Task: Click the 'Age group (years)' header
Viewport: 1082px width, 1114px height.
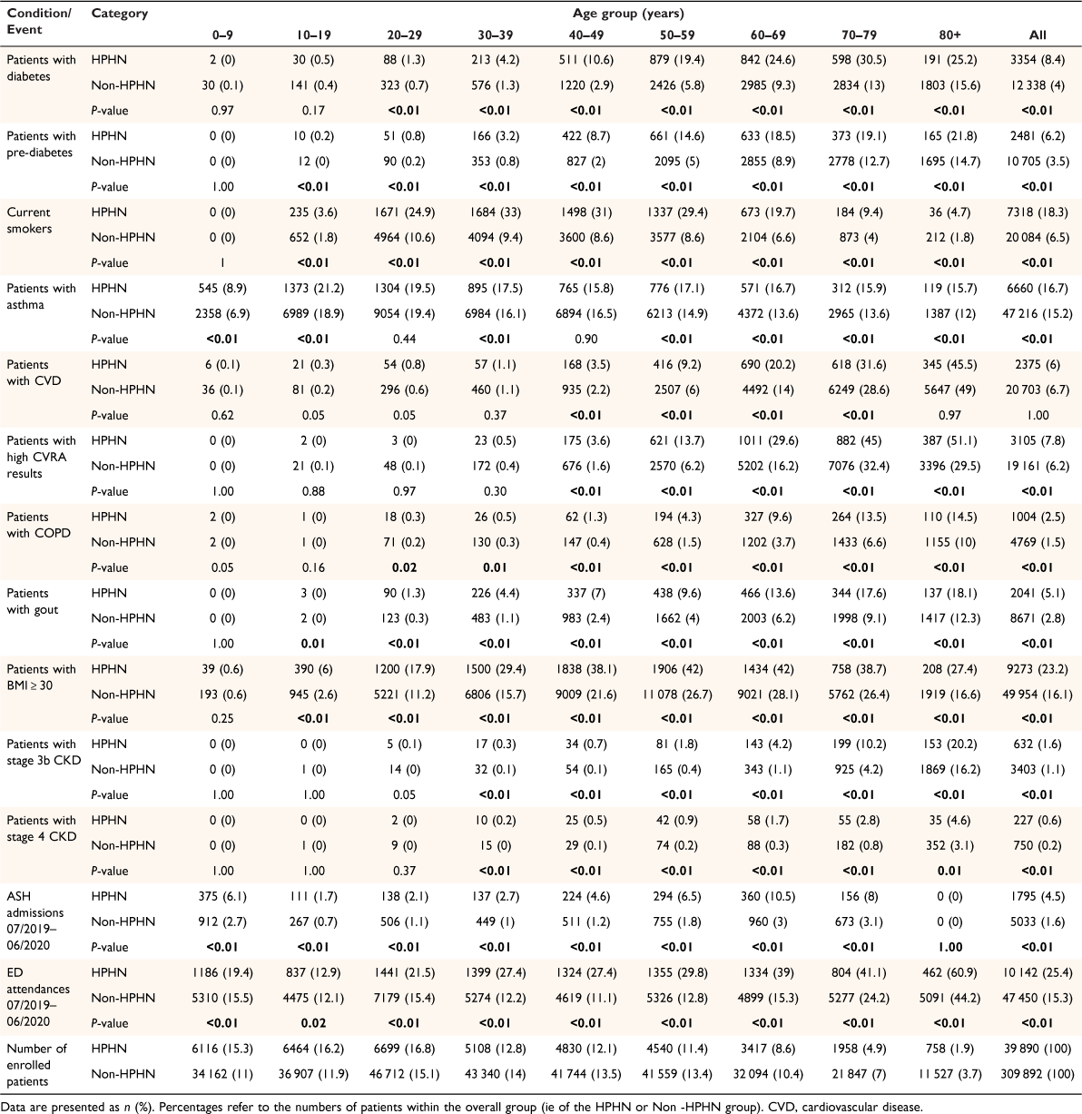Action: (628, 13)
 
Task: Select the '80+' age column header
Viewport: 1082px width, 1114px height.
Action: (949, 35)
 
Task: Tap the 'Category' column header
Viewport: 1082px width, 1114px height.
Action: (120, 14)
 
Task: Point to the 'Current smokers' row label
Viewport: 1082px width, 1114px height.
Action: (29, 221)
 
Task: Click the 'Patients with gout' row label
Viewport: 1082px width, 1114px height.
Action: (33, 601)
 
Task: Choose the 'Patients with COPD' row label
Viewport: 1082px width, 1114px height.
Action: (39, 525)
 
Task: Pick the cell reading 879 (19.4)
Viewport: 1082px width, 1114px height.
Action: (677, 60)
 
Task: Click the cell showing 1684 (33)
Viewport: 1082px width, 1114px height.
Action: (496, 212)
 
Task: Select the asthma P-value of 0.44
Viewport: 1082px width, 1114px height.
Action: (405, 339)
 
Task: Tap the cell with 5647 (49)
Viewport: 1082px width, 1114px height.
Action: (949, 389)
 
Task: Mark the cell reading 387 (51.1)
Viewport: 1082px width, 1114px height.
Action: (949, 441)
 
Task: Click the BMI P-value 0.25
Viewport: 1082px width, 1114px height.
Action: (222, 718)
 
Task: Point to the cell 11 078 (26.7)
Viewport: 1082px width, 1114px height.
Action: (677, 695)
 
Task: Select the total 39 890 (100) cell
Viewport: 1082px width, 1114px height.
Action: (1038, 1049)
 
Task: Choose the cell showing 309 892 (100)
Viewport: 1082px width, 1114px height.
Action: (1038, 1074)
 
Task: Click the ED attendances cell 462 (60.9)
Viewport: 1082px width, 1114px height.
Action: (949, 972)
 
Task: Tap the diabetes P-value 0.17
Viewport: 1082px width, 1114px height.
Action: (314, 111)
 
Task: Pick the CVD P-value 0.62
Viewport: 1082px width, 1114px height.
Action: (222, 415)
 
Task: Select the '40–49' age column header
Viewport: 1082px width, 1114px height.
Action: (586, 35)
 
